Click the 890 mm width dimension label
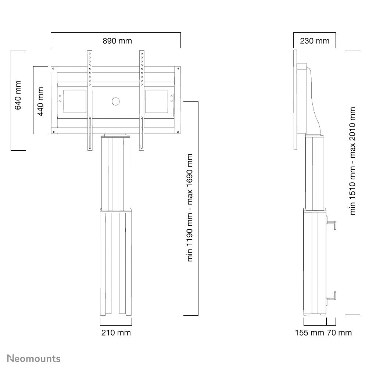tap(117, 41)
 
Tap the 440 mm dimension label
tap(41, 101)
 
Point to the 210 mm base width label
tap(116, 333)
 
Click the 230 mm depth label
tap(315, 41)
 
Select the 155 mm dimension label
tap(309, 333)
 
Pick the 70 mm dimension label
tap(339, 333)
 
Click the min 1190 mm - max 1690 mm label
tap(190, 208)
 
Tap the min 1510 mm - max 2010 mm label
tap(353, 161)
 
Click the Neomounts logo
tap(35, 358)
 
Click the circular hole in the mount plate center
tap(116, 101)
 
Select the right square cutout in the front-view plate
tap(157, 101)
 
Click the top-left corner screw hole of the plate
tap(53, 69)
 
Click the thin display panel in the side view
tap(295, 99)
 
